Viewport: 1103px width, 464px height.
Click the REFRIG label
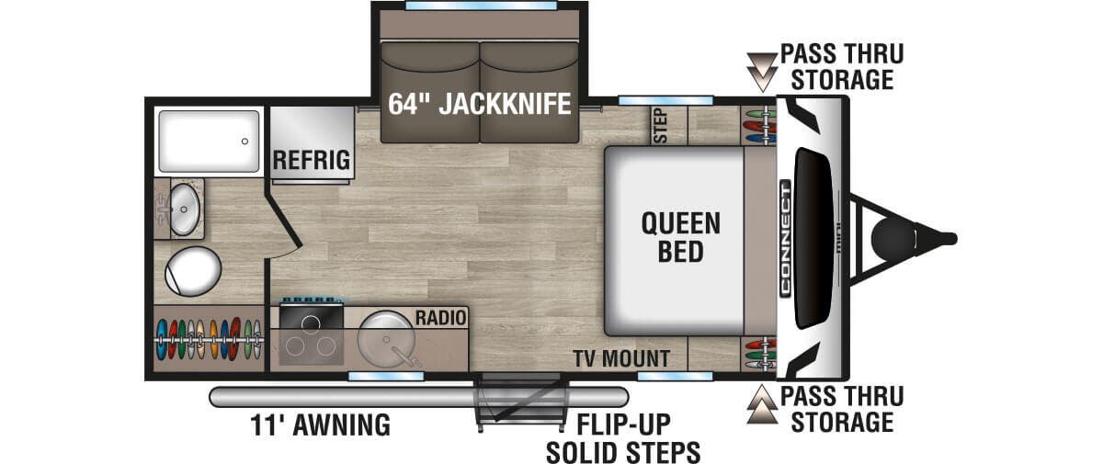[x=312, y=161]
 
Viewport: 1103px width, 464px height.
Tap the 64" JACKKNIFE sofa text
[x=479, y=104]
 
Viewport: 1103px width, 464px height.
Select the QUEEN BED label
[x=680, y=237]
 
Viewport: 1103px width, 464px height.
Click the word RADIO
[x=440, y=318]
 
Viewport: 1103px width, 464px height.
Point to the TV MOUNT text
[x=621, y=358]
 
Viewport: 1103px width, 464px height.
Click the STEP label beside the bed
[x=661, y=126]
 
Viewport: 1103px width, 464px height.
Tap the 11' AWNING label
[x=320, y=425]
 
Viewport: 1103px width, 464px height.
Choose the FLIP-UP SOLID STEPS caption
[x=623, y=438]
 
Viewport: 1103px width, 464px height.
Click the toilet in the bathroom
[x=192, y=271]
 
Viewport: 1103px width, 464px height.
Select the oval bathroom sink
[x=184, y=209]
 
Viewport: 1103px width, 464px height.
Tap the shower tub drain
[x=244, y=141]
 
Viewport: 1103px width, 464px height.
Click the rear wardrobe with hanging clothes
[x=209, y=339]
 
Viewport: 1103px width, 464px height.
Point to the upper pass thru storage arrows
[x=762, y=73]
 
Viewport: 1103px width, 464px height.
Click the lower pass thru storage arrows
[x=762, y=404]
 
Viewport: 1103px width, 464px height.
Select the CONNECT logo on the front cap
[x=785, y=239]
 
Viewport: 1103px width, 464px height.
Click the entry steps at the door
[x=521, y=401]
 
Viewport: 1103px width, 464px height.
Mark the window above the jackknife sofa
[x=481, y=6]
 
